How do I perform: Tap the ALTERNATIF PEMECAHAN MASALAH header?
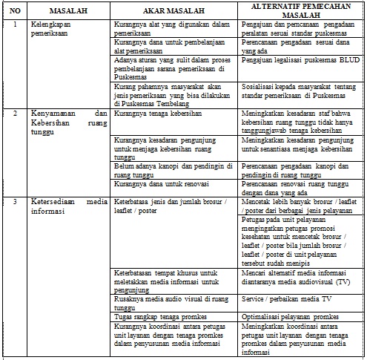[300, 11]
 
